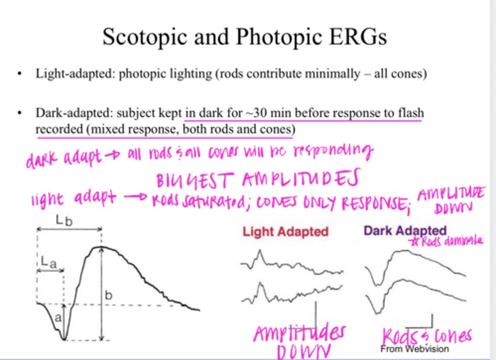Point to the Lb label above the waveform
tap(64, 220)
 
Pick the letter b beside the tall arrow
tap(108, 295)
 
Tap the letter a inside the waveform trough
tap(58, 317)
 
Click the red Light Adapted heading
tap(285, 232)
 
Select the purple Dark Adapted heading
tap(405, 230)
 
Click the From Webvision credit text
tap(414, 349)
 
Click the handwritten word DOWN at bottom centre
tap(303, 351)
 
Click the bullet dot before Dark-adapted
tap(20, 113)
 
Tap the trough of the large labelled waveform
tap(64, 339)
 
